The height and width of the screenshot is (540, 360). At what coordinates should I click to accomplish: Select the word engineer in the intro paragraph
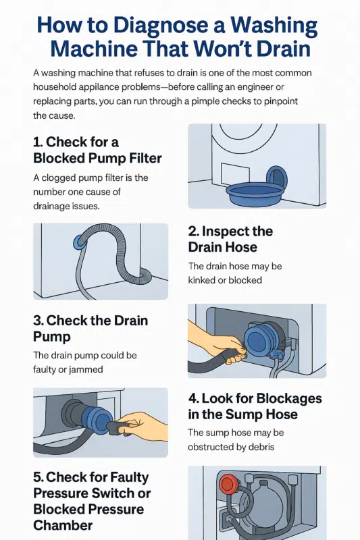pyautogui.click(x=274, y=86)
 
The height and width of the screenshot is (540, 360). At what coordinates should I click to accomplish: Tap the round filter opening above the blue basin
pyautogui.click(x=278, y=178)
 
